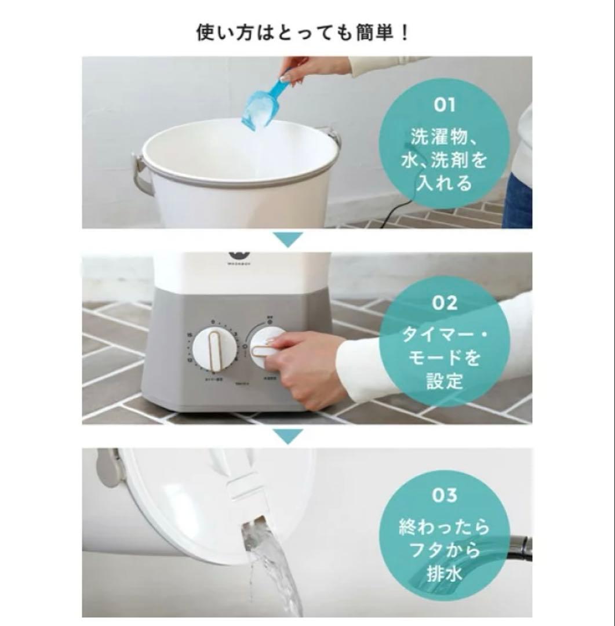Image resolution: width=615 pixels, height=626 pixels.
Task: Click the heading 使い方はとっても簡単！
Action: pyautogui.click(x=303, y=31)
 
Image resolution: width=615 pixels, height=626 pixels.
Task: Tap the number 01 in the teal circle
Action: pyautogui.click(x=445, y=106)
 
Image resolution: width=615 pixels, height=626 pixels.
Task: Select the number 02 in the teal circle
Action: pyautogui.click(x=445, y=303)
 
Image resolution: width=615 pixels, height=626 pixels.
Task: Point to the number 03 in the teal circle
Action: pyautogui.click(x=445, y=496)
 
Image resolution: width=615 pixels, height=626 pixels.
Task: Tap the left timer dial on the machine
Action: pyautogui.click(x=215, y=348)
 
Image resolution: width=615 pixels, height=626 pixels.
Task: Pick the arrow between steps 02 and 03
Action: pyautogui.click(x=288, y=436)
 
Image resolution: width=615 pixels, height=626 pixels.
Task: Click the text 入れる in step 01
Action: pyautogui.click(x=445, y=184)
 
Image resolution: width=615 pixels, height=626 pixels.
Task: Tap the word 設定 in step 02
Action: pyautogui.click(x=445, y=381)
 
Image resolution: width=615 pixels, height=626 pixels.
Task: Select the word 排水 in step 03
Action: pyautogui.click(x=445, y=573)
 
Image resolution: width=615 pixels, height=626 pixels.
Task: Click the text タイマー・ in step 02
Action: pyautogui.click(x=445, y=335)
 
